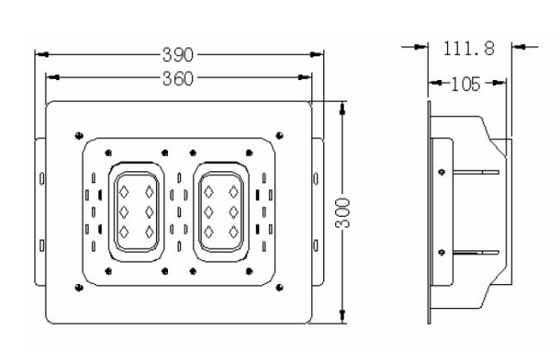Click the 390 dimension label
177,55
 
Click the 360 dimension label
177,78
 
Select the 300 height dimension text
343,213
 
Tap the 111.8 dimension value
469,48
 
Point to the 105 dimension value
466,84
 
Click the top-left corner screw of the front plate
79,136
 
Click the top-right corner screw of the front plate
280,136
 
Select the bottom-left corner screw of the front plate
79,287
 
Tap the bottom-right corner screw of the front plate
280,287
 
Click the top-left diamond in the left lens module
123,192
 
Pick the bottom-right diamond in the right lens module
233,232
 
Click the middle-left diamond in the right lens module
208,213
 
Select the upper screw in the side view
442,172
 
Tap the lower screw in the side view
442,253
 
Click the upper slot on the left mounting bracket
42,179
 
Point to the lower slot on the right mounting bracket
315,245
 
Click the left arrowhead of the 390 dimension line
41,54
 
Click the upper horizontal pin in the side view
476,172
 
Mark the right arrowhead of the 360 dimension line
305,77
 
